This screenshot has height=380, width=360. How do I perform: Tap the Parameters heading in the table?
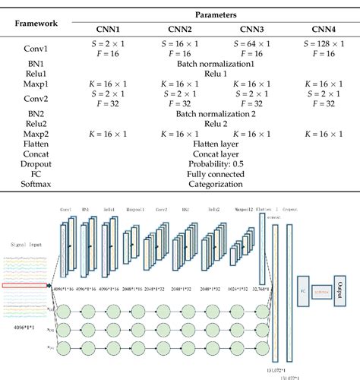pos(216,14)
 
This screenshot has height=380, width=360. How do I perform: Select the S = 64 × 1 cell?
pos(251,44)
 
